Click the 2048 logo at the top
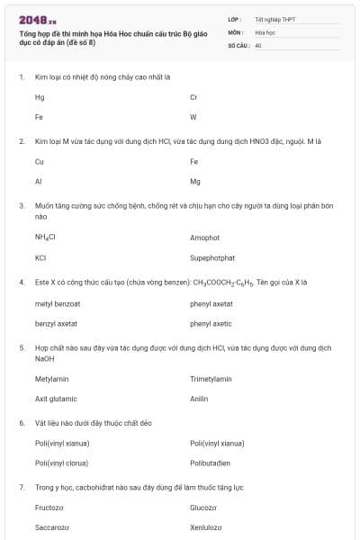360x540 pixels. [37, 17]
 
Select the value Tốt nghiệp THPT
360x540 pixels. [274, 19]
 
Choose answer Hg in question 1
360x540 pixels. [40, 97]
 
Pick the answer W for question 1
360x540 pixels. [193, 117]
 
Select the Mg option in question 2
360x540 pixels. [194, 181]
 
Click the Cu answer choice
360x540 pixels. [40, 162]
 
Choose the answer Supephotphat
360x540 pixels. [212, 257]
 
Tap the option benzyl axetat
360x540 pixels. [56, 322]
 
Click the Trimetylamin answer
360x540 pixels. [211, 379]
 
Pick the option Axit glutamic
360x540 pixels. [56, 399]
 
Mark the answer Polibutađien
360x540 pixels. [211, 463]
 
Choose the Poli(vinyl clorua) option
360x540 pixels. [61, 463]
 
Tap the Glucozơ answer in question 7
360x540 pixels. [203, 508]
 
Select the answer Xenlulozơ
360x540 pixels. [206, 527]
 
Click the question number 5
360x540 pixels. [22, 346]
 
